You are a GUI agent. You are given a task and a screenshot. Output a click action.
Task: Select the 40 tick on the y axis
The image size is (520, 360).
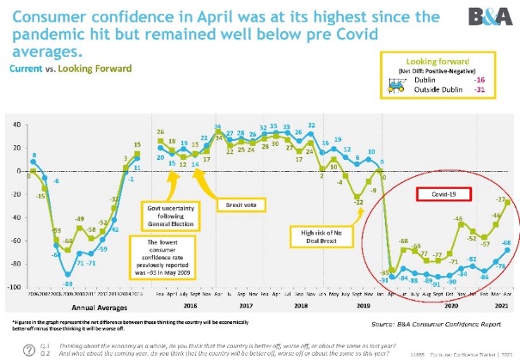pyautogui.click(x=16, y=125)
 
